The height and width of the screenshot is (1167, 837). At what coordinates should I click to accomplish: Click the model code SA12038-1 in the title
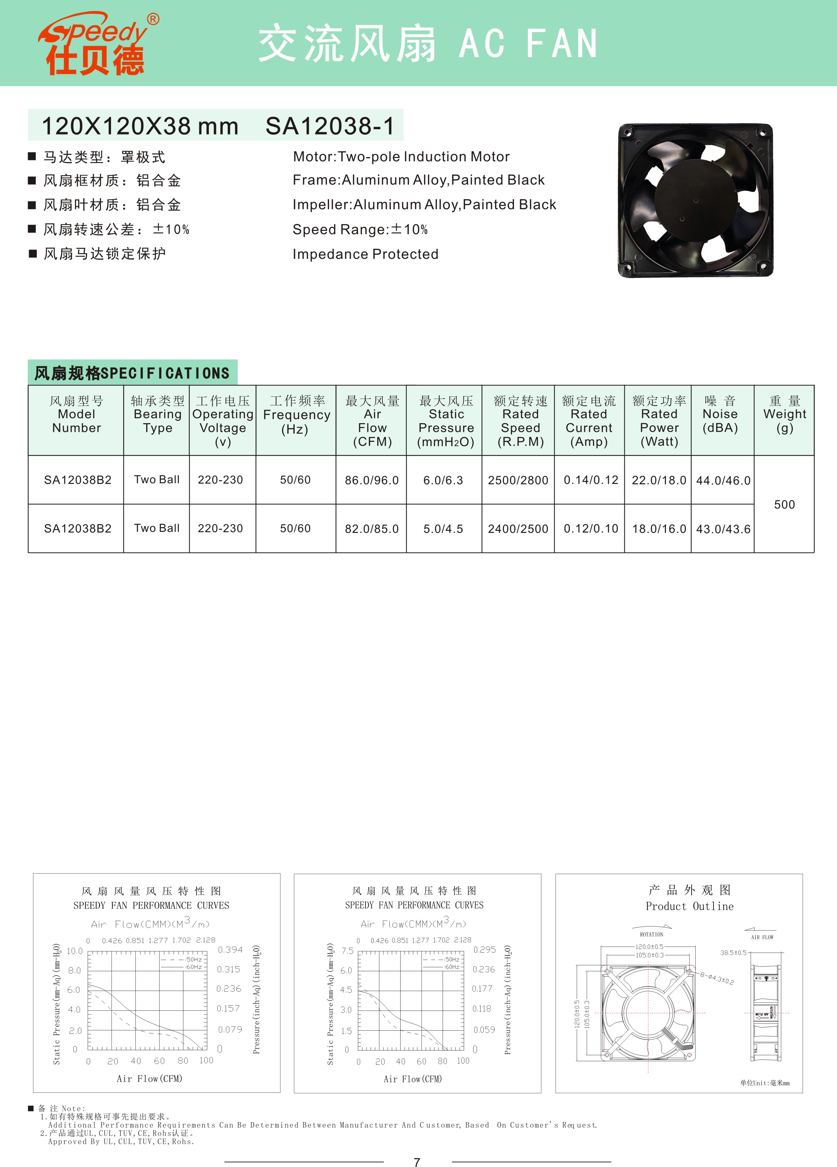pos(330,126)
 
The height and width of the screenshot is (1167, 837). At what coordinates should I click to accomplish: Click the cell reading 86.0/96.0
pos(372,481)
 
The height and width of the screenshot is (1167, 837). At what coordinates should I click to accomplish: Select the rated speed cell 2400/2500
pos(518,529)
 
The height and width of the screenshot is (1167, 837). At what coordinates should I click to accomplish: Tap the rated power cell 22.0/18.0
pos(658,481)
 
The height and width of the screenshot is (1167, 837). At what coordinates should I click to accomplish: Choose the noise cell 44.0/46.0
pos(723,481)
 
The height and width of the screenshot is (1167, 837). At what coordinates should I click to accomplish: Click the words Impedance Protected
pos(365,254)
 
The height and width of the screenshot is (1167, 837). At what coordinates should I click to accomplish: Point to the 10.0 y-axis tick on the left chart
pos(75,951)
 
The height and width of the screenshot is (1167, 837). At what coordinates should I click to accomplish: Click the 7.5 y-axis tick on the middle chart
pos(347,951)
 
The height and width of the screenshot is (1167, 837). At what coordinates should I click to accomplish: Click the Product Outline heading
pos(690,906)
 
